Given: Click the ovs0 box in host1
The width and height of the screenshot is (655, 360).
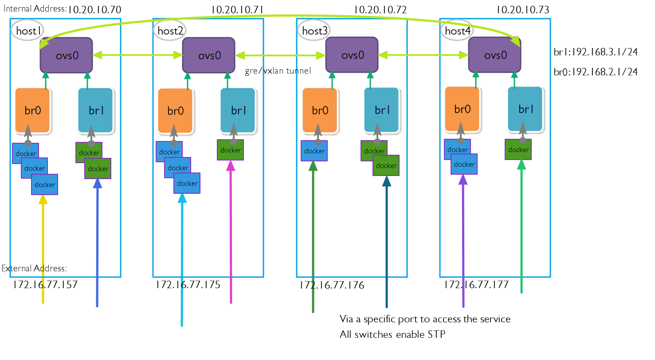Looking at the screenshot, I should click(x=66, y=55).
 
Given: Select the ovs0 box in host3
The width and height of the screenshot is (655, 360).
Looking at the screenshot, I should click(x=352, y=55).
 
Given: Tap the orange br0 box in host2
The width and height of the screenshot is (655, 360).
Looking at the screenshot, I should click(x=175, y=111).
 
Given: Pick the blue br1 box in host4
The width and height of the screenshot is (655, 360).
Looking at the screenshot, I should click(x=525, y=109).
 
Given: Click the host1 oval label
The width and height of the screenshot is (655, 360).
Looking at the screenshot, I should click(x=28, y=31).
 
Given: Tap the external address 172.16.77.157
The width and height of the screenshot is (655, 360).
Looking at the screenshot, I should click(x=46, y=285).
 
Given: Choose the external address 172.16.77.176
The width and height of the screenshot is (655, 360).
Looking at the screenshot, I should click(x=332, y=285).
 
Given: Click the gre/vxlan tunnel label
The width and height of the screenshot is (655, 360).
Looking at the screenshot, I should click(x=278, y=71).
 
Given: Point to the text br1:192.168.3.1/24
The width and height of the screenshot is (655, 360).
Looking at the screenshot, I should click(x=596, y=52).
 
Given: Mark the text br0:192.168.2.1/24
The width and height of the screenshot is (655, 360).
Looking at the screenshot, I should click(x=596, y=72).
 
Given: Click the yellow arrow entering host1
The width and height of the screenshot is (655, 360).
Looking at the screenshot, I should click(x=43, y=253).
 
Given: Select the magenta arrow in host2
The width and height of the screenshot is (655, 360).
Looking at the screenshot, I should click(x=231, y=235).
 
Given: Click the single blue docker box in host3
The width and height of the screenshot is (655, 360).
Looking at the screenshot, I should click(x=314, y=151).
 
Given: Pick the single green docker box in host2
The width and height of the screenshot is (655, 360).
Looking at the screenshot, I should click(x=231, y=150).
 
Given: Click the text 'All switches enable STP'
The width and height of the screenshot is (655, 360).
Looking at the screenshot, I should click(x=392, y=334).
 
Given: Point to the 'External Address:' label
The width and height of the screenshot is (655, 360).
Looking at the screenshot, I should click(x=34, y=268).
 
